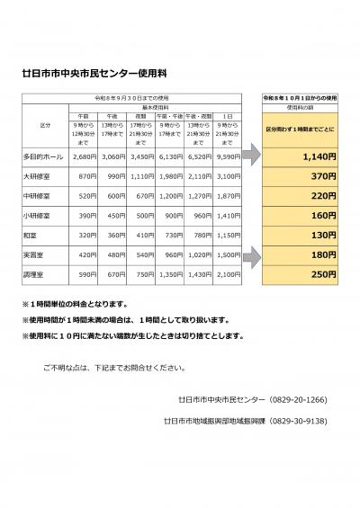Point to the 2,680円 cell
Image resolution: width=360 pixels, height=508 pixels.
(x=83, y=155)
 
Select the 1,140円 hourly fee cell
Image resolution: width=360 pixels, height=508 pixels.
(x=295, y=155)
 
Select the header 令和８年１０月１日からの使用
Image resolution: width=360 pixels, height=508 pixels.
(x=295, y=94)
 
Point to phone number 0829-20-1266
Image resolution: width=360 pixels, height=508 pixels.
(x=305, y=398)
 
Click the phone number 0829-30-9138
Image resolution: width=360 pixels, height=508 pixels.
(x=305, y=420)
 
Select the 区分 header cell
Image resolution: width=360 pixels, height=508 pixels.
(x=46, y=124)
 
